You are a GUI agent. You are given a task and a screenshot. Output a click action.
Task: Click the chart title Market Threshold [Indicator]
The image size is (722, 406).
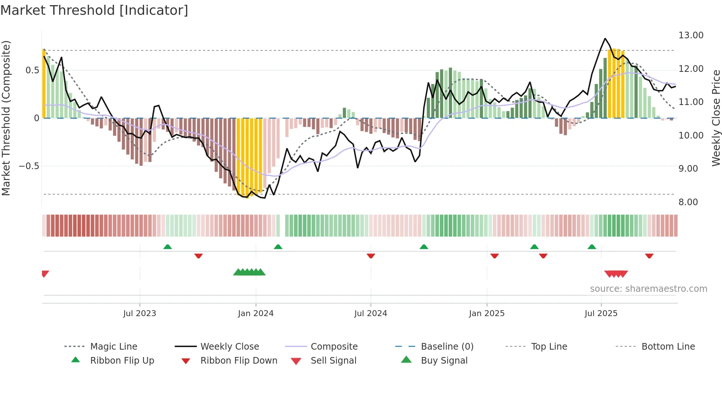click(x=94, y=10)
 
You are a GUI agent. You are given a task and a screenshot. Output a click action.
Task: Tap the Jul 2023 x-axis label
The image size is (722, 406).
click(x=140, y=314)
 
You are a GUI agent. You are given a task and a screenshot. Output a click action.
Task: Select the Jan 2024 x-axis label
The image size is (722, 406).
click(x=256, y=314)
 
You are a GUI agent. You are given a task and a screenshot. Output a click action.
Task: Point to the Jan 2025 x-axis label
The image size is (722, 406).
click(x=487, y=314)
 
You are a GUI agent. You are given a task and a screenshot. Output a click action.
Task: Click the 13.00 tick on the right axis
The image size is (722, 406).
click(x=691, y=35)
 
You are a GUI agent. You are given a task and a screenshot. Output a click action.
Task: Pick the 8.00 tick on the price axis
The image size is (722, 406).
click(x=688, y=202)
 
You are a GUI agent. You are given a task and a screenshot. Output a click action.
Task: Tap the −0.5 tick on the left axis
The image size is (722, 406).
click(x=29, y=166)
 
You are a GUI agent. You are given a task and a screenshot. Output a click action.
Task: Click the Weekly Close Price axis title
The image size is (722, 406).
click(x=716, y=118)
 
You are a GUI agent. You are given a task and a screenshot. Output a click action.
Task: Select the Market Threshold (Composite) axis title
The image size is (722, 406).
click(x=6, y=118)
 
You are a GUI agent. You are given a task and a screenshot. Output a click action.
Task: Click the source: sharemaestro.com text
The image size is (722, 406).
click(x=648, y=289)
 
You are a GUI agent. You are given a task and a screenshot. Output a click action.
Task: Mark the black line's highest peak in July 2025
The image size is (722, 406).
click(x=605, y=39)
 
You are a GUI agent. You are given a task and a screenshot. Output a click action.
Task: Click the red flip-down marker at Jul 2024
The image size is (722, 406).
click(x=371, y=256)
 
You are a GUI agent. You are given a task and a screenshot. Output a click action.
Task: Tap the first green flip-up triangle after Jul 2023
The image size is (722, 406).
click(x=168, y=246)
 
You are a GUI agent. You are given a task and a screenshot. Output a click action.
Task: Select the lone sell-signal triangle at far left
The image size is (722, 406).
click(x=45, y=274)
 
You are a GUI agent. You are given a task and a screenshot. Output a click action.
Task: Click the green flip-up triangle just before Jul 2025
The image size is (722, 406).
click(x=592, y=246)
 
